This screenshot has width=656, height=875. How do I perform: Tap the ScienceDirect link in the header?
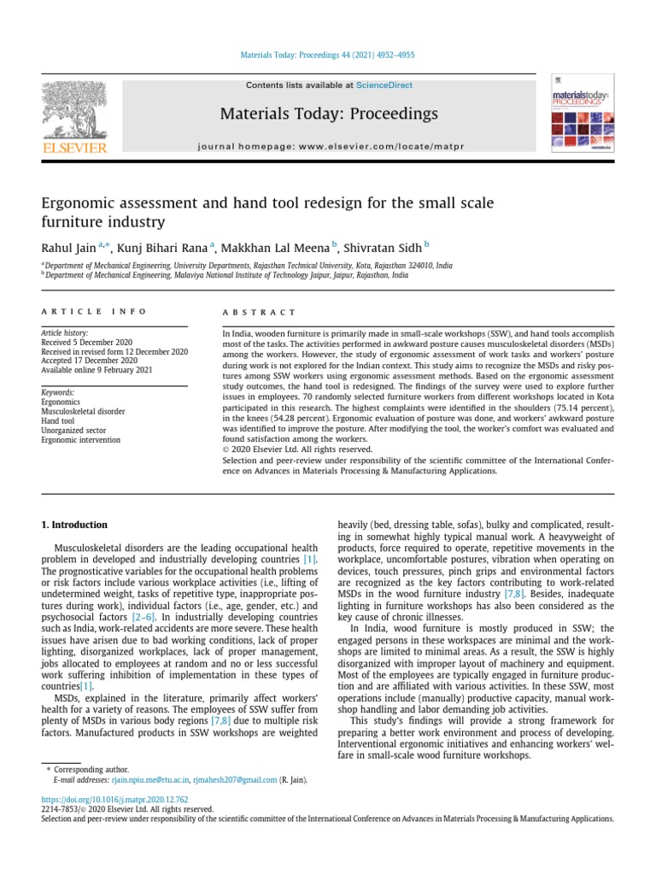(384, 85)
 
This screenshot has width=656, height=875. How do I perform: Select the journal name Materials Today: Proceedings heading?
(329, 114)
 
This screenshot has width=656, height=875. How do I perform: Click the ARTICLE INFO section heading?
(94, 312)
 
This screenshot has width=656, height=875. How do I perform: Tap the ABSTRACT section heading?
(260, 313)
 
